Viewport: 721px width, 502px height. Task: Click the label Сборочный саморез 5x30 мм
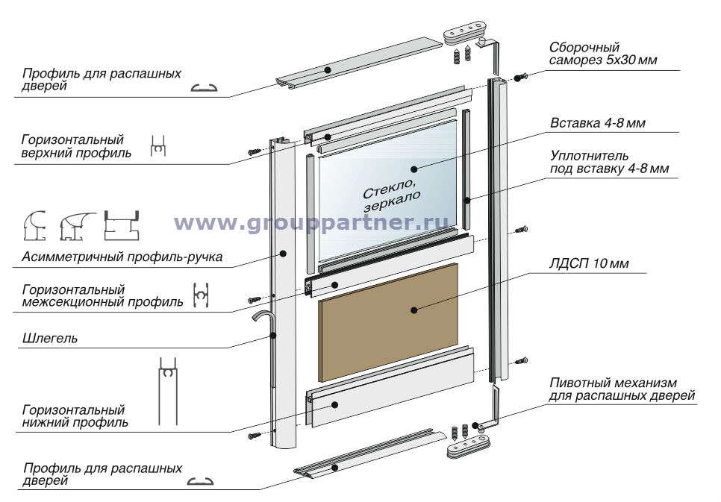tap(603, 54)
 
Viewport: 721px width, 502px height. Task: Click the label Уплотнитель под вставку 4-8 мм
tap(608, 163)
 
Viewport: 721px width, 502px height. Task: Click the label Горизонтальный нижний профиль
tap(74, 416)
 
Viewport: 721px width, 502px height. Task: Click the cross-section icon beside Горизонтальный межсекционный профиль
tap(200, 296)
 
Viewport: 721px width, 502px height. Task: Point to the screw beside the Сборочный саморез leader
tap(520, 77)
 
